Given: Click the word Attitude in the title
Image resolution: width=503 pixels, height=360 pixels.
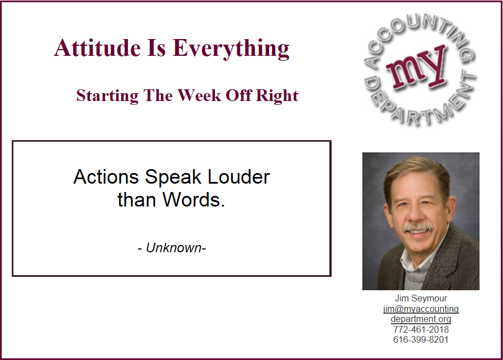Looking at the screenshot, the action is [98, 48].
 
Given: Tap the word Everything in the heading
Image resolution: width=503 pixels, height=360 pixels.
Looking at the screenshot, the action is [231, 49].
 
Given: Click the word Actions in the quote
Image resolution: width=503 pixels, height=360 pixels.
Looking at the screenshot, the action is [106, 177].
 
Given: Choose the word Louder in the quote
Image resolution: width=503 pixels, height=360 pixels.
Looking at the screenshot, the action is [239, 177].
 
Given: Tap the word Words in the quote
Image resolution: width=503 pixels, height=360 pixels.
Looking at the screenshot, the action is [194, 200].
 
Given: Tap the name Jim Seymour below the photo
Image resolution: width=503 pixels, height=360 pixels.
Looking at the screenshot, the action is [421, 299].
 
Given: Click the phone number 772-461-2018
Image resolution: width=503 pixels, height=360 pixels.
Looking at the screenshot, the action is [421, 329].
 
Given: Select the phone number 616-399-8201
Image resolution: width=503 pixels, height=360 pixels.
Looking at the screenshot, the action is [421, 339].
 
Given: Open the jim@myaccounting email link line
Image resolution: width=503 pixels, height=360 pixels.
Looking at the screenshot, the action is [421, 309].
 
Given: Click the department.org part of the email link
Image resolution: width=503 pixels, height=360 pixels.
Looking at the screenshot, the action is [421, 319].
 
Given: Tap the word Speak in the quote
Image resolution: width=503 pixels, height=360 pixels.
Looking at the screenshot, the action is [173, 177].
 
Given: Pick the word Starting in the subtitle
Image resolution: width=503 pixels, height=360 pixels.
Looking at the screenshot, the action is [107, 96].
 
